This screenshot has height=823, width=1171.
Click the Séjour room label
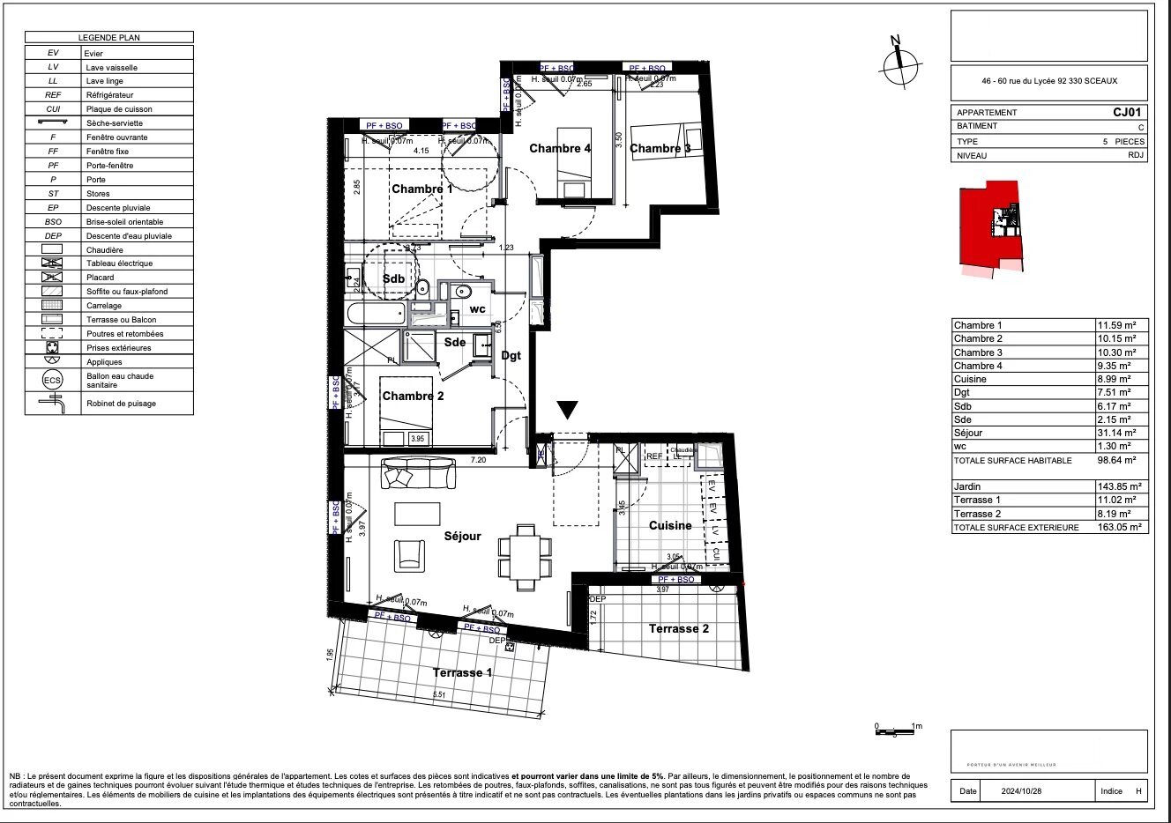[462, 536]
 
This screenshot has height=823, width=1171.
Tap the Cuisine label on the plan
[670, 525]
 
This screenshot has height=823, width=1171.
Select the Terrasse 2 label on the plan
[679, 628]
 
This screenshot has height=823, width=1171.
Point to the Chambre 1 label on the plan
[421, 189]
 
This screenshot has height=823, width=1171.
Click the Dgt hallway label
[511, 356]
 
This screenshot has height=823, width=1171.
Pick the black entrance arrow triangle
[568, 409]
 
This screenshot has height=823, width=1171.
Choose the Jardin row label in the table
[967, 486]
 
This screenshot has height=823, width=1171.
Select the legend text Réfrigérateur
[109, 95]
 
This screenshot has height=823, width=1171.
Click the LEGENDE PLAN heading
[108, 38]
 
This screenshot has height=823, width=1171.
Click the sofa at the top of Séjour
[420, 474]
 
